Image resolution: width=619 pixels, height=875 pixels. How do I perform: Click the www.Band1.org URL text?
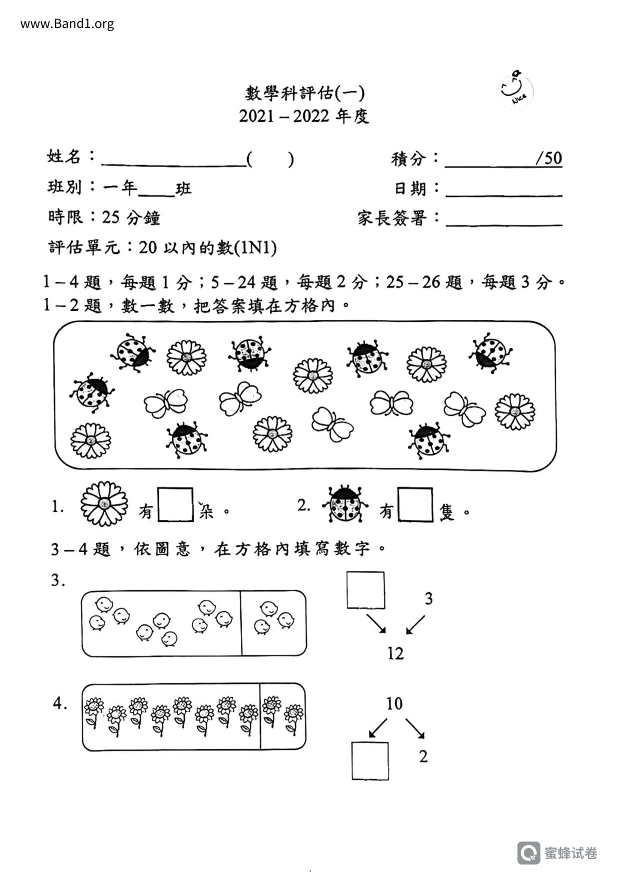pyautogui.click(x=67, y=23)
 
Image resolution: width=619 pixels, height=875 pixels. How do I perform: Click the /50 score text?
pyautogui.click(x=548, y=158)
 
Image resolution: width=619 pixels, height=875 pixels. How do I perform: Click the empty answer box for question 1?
pyautogui.click(x=176, y=505)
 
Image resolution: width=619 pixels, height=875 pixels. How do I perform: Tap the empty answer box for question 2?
pyautogui.click(x=415, y=505)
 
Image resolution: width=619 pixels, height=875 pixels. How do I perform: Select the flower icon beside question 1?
pyautogui.click(x=104, y=504)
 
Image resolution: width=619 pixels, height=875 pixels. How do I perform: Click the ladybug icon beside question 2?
pyautogui.click(x=345, y=504)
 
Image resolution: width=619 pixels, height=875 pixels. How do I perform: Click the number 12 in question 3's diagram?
pyautogui.click(x=395, y=653)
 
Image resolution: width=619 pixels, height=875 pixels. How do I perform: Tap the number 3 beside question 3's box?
pyautogui.click(x=428, y=598)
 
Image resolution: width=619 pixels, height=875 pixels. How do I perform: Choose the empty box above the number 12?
pyautogui.click(x=366, y=590)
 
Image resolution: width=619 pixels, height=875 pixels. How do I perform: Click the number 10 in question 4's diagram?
pyautogui.click(x=394, y=703)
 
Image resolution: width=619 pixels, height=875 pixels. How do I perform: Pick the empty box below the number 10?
pyautogui.click(x=370, y=761)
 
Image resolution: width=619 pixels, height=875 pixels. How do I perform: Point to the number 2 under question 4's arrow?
pyautogui.click(x=423, y=756)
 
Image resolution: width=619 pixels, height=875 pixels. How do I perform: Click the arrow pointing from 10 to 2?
pyautogui.click(x=415, y=728)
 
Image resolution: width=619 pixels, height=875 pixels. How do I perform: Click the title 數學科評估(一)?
pyautogui.click(x=305, y=93)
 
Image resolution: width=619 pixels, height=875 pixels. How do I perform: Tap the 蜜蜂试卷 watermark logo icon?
pyautogui.click(x=528, y=853)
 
